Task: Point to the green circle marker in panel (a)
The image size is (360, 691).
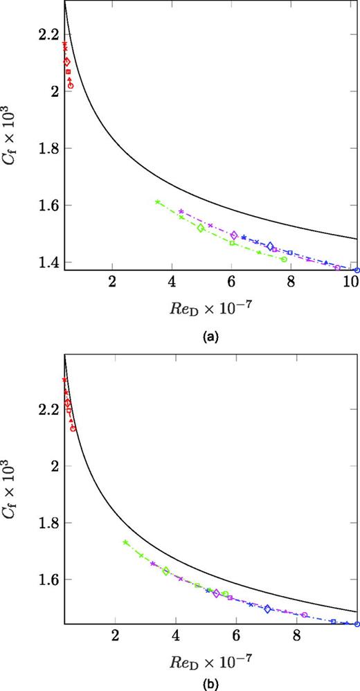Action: pos(284,259)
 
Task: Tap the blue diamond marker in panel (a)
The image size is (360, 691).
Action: pos(271,246)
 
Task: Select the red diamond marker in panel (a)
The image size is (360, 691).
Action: pos(67,62)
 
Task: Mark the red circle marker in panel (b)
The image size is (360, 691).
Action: pos(73,429)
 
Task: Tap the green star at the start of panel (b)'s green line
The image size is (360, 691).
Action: pos(125,542)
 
